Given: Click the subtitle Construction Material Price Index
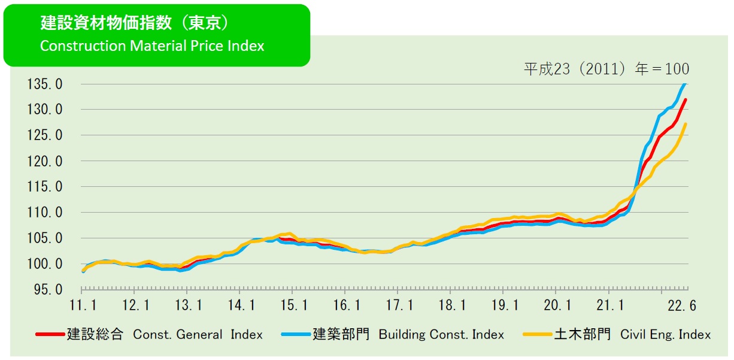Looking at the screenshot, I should (x=152, y=46).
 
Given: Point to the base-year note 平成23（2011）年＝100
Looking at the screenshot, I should (x=606, y=69).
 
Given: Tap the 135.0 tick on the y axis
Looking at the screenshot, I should (x=45, y=84).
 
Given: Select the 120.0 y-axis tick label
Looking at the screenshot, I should (x=45, y=161).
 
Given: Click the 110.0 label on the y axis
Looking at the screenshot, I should (x=45, y=213).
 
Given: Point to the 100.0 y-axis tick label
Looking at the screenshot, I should (x=45, y=264).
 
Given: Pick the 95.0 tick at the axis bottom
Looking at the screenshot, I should (x=47, y=290).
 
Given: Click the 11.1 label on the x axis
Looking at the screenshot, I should (x=83, y=305).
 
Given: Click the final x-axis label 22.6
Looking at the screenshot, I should (x=683, y=305).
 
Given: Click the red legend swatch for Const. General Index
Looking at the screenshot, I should (x=50, y=334).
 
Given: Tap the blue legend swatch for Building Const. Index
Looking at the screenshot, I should (x=296, y=334).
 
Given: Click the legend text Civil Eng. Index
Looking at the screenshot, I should (x=665, y=335).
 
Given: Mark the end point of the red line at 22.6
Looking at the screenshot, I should (x=686, y=99).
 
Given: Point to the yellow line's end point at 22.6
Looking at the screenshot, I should (x=686, y=124).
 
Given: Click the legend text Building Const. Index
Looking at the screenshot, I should (x=441, y=335).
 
